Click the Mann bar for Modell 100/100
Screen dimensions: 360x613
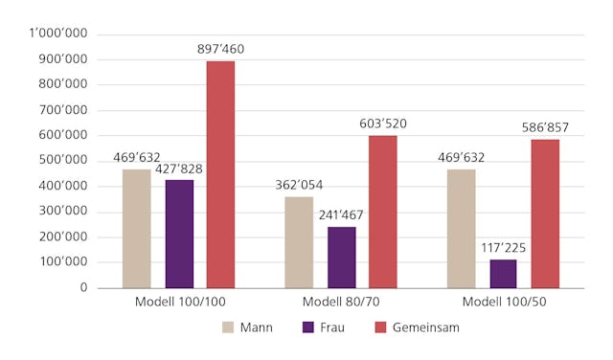tap(136, 228)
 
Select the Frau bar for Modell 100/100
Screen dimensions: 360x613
tap(178, 234)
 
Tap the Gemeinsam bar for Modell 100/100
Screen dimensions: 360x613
tap(220, 174)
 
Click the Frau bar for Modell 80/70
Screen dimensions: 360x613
tap(341, 257)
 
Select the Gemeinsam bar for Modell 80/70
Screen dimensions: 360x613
tap(383, 211)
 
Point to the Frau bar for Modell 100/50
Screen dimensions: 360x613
tap(503, 273)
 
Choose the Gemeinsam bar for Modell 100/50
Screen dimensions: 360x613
tap(545, 213)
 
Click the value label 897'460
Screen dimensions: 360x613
tap(220, 49)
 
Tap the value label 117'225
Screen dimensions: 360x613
tap(503, 248)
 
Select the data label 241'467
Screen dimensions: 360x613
tap(341, 215)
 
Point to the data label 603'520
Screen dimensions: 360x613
tap(383, 124)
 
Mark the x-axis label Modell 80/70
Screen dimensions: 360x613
tap(341, 303)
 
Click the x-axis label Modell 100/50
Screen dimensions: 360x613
tap(503, 303)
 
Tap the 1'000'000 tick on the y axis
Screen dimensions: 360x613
tap(58, 34)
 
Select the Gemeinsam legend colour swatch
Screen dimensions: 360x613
tap(381, 327)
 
